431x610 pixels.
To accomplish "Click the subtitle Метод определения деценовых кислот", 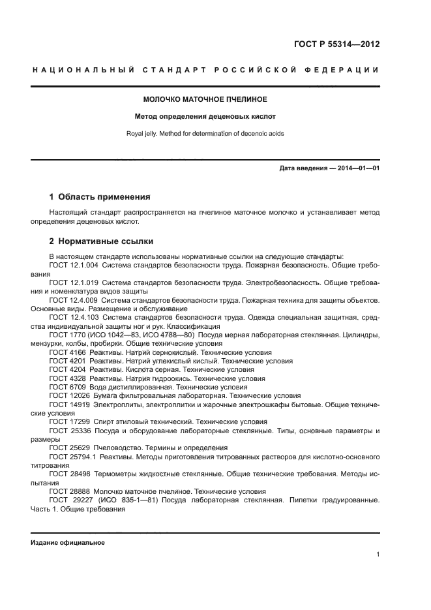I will pyautogui.click(x=205, y=117).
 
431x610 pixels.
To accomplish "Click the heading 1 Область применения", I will pyautogui.click(x=100, y=196).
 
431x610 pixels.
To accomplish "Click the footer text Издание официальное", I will pyautogui.click(x=68, y=543).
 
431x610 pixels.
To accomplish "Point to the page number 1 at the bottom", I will pyautogui.click(x=378, y=555).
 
